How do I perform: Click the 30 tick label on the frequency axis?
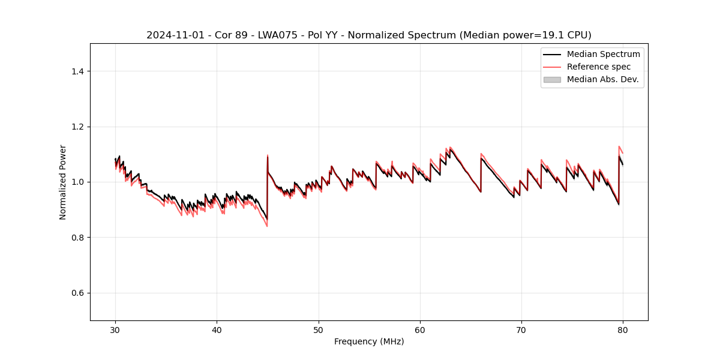click(x=115, y=329)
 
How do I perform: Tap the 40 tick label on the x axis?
click(x=217, y=329)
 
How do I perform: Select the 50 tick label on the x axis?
click(x=319, y=329)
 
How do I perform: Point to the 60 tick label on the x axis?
click(x=420, y=329)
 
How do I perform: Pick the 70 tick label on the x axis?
click(x=521, y=329)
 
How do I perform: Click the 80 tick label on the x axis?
click(x=623, y=329)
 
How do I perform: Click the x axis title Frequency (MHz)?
click(x=369, y=341)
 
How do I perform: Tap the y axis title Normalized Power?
click(x=63, y=182)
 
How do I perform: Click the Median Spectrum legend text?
click(x=603, y=54)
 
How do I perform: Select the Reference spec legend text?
click(x=599, y=67)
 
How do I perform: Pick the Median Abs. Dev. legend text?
click(x=602, y=79)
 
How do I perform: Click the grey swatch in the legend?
click(x=552, y=79)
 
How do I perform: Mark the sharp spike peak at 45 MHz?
click(x=268, y=155)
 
